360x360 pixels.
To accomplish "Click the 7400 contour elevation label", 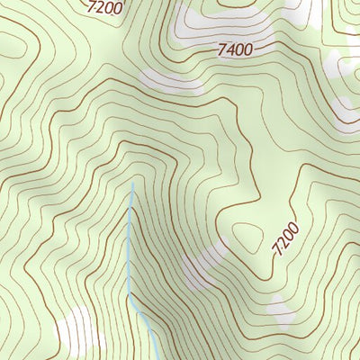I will [235, 50].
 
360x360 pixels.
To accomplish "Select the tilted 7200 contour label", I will [284, 241].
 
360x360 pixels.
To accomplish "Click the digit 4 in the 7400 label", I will [229, 51].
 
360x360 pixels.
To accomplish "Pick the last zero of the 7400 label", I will [247, 49].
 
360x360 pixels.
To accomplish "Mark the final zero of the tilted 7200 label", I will [292, 229].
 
